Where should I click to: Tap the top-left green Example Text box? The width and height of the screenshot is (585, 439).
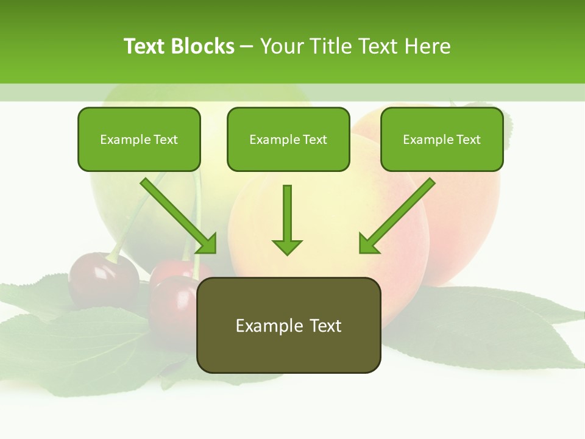pos(139,139)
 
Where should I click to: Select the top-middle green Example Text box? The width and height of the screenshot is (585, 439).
pos(288,139)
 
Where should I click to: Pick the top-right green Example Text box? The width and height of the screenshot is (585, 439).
pos(442,139)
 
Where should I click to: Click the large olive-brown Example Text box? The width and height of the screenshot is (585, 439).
pos(288,325)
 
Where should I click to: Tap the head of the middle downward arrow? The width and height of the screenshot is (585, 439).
pos(287,246)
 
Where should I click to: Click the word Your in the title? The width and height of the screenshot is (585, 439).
pos(280,46)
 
